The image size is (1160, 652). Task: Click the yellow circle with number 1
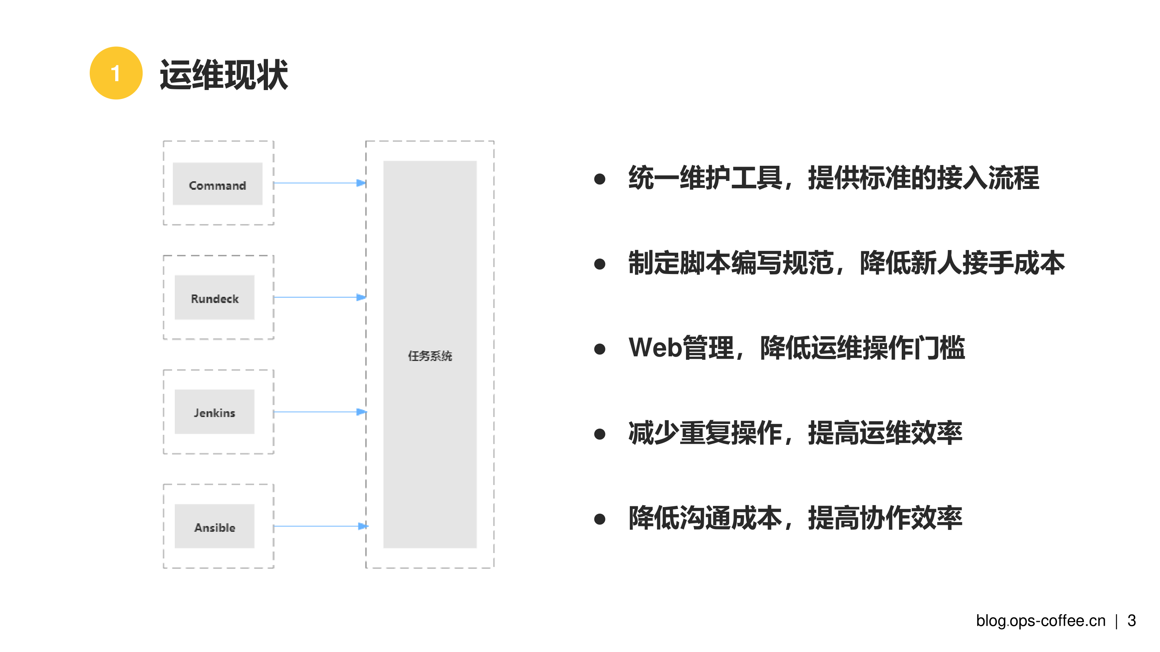[116, 73]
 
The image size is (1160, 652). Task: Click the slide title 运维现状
[224, 75]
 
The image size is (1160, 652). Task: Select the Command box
[217, 184]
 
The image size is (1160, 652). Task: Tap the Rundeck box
[214, 298]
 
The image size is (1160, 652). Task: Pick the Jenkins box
[214, 412]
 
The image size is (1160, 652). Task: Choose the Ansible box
[214, 526]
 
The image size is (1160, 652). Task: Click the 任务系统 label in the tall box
[430, 356]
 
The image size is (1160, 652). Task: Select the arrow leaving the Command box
[319, 183]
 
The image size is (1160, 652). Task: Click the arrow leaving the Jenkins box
[319, 412]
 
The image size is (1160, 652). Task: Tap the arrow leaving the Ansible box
[319, 526]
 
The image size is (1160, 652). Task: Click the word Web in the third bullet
[655, 348]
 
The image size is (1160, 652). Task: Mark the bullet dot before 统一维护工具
[599, 179]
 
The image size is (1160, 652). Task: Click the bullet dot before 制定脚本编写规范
[599, 264]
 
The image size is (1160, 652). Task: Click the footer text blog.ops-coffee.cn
[1040, 621]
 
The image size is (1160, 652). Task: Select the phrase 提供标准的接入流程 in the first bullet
[923, 178]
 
